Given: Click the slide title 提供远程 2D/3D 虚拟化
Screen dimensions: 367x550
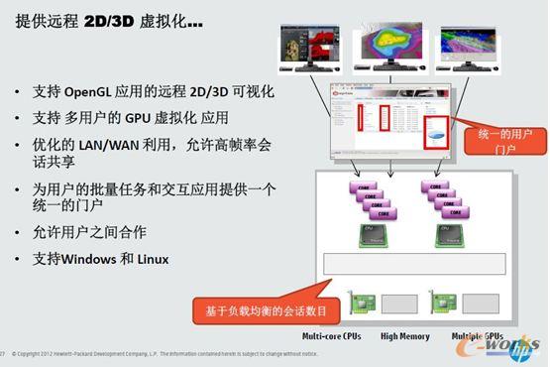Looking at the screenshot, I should tap(109, 19).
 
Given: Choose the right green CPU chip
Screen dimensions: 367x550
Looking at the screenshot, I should tap(446, 234).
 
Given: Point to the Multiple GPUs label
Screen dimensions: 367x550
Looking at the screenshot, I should tap(477, 336).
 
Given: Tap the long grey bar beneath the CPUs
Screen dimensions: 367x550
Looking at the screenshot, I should tap(414, 264).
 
